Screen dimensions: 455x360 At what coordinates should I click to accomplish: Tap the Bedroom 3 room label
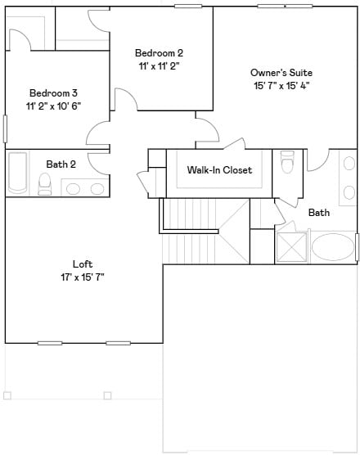click(54, 92)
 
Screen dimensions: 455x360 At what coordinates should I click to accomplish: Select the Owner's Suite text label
click(281, 73)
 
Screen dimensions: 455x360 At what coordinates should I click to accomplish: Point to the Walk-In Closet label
click(219, 170)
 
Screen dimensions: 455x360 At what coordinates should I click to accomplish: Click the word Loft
click(83, 264)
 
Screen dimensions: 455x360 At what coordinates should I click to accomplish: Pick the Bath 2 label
click(61, 164)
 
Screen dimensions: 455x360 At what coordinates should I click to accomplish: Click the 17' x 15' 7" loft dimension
click(83, 277)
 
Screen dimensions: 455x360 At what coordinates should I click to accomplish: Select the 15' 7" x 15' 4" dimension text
click(281, 85)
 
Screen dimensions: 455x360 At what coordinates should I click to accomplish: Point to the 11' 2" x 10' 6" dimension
click(54, 106)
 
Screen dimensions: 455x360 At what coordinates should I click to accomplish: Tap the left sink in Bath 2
click(73, 189)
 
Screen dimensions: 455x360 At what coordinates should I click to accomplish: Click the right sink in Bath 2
click(97, 189)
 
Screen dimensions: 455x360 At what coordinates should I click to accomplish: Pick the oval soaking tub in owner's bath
click(332, 246)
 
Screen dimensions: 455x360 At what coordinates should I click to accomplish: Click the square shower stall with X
click(292, 246)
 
